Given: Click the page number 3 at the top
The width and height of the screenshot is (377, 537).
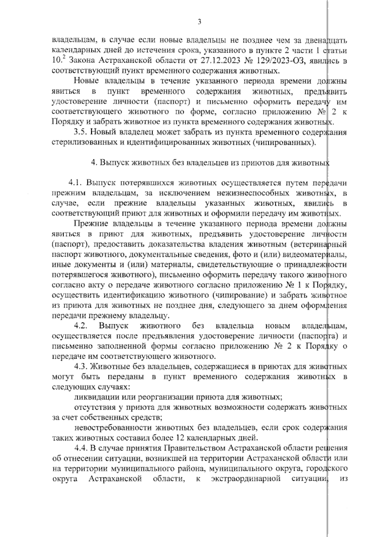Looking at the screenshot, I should coord(199,22).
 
